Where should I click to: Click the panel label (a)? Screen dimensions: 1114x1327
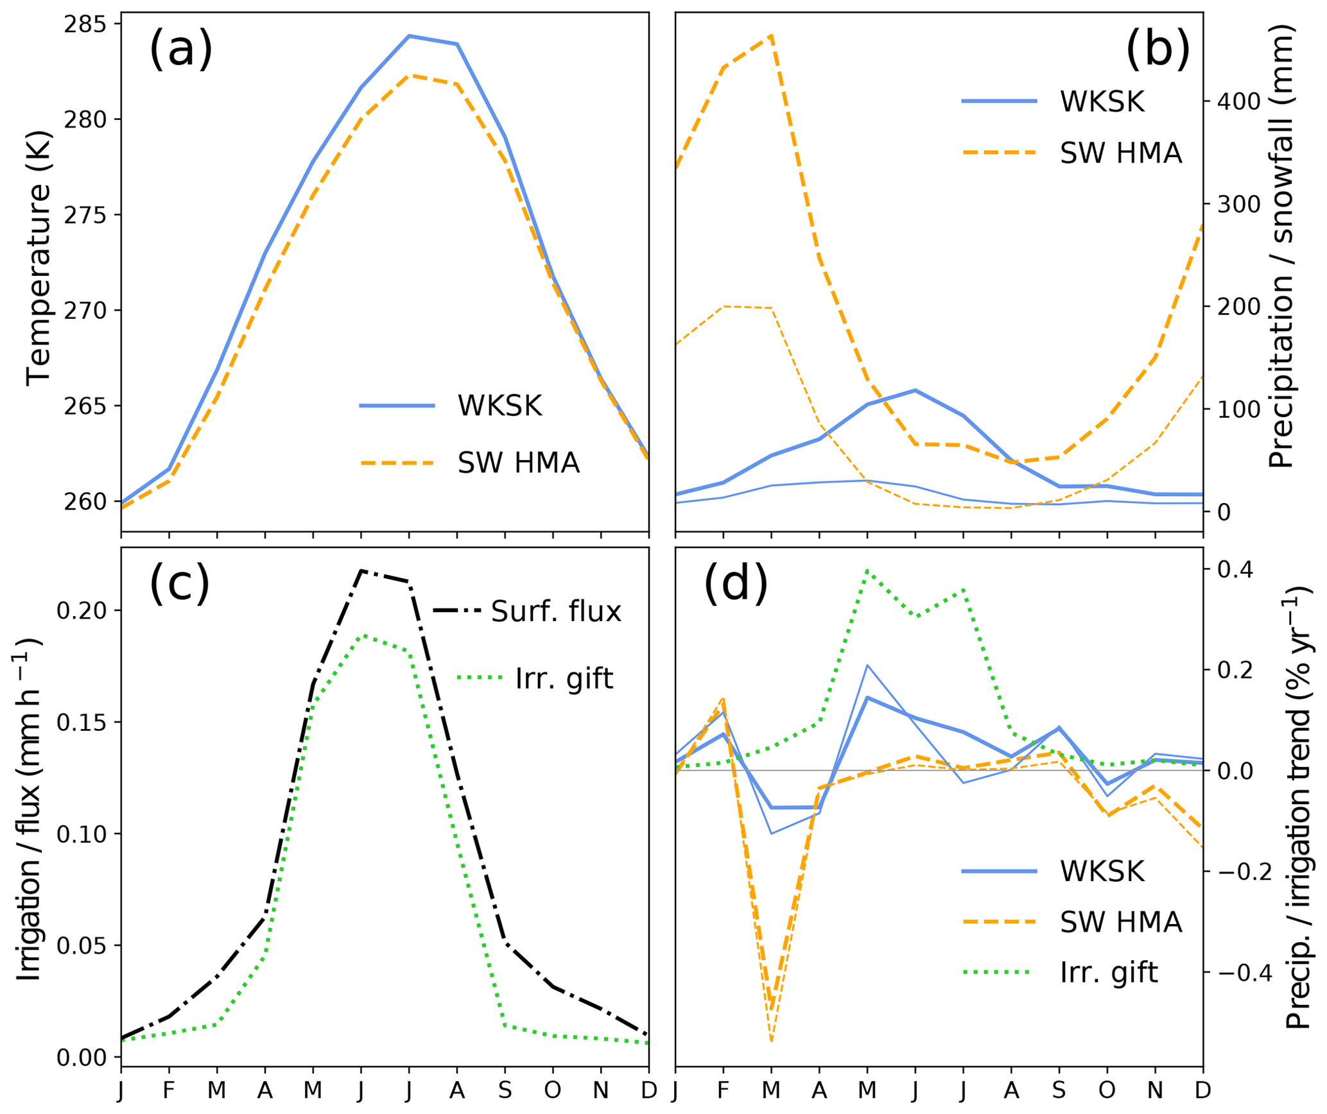[x=180, y=50]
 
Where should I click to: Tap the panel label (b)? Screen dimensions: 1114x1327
[x=1158, y=50]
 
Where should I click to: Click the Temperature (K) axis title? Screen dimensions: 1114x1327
[x=39, y=257]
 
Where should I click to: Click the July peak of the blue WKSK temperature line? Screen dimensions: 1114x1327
[x=409, y=36]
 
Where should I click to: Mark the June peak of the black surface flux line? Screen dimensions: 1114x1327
[x=361, y=570]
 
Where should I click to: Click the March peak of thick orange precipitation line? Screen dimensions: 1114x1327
[x=771, y=35]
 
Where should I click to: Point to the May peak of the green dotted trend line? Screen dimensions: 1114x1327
[x=867, y=570]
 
